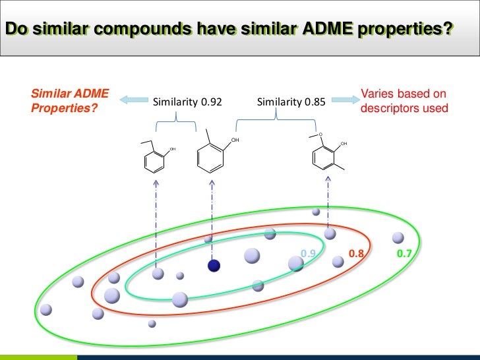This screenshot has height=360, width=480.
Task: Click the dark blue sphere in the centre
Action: (x=213, y=265)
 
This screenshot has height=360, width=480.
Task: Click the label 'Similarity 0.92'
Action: (x=187, y=102)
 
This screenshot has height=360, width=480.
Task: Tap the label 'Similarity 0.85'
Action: (x=290, y=102)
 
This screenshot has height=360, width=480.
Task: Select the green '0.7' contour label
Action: (x=405, y=253)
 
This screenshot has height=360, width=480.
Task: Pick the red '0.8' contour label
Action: (x=357, y=253)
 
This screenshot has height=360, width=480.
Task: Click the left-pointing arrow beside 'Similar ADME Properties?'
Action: (x=133, y=100)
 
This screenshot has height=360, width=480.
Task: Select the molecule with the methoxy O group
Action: (x=327, y=152)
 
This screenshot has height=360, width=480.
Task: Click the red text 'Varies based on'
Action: (x=404, y=94)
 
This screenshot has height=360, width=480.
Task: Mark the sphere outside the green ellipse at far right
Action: (x=398, y=238)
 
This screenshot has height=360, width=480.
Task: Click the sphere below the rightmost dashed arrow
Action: (x=330, y=233)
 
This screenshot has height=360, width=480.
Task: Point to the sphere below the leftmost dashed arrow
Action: (x=158, y=273)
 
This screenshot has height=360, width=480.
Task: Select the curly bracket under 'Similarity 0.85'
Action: (x=277, y=120)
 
